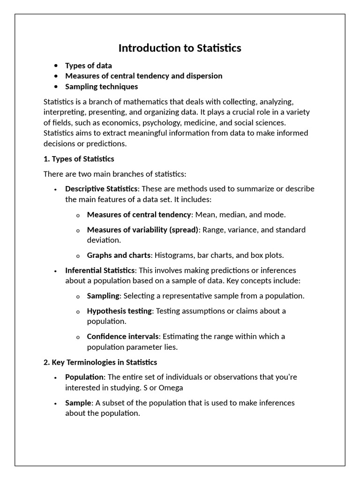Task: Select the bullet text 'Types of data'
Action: click(89, 66)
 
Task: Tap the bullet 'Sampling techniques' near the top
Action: click(101, 86)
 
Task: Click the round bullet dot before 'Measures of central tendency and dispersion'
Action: click(56, 76)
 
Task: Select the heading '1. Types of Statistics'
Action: click(79, 159)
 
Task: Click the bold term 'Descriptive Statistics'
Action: click(101, 188)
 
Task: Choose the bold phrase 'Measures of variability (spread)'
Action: click(143, 230)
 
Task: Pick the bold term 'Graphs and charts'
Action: click(119, 255)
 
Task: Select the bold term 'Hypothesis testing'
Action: click(120, 311)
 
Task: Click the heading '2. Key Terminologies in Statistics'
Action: click(100, 362)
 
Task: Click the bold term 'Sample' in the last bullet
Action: click(77, 403)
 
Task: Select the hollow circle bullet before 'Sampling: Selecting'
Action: click(78, 297)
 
